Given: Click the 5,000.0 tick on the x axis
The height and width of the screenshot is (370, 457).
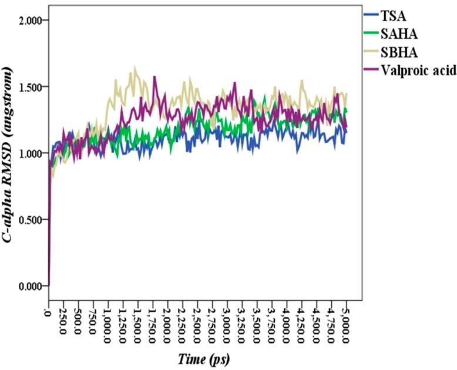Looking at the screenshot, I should [x=346, y=322].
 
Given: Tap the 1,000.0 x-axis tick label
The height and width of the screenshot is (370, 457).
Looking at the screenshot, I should [x=107, y=322].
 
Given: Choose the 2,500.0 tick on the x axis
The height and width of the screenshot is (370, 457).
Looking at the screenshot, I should [x=197, y=322].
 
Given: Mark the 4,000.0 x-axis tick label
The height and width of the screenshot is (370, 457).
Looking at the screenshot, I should [x=286, y=322].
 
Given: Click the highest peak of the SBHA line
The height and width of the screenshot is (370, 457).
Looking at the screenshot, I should [x=135, y=67].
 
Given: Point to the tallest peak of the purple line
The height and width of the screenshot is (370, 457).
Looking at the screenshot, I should [x=154, y=76].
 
